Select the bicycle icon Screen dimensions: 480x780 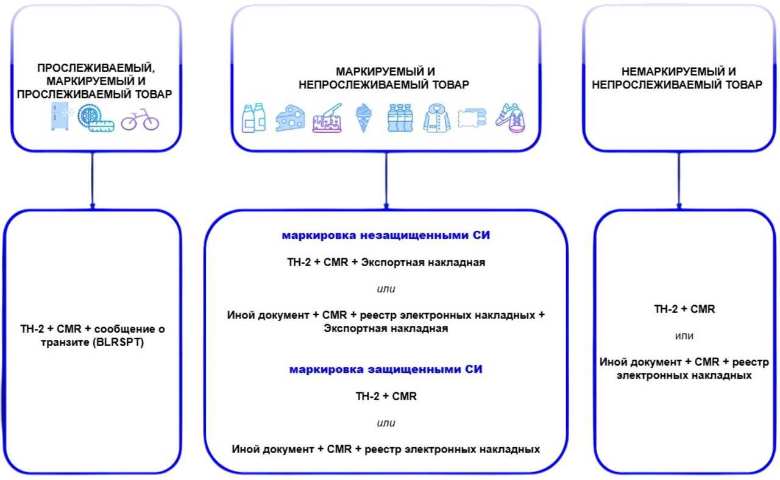coord(140,120)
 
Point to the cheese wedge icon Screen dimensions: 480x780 coord(290,118)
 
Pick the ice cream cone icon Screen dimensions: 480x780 coord(364,118)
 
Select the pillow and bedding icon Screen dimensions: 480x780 coord(473,118)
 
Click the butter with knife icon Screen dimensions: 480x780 coord(327,118)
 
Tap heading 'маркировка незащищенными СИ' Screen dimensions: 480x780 coord(386,235)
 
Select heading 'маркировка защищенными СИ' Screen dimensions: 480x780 coord(386,369)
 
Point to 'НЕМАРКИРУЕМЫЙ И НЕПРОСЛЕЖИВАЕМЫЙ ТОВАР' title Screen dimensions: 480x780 coord(676,79)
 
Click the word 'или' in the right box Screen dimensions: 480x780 coord(684,336)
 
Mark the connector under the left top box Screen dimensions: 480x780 coord(92,180)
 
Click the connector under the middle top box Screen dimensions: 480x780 coord(385,180)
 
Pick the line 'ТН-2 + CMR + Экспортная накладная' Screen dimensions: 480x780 coord(386,263)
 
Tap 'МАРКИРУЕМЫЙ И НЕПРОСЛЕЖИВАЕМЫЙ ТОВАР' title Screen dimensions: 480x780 coord(385,79)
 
